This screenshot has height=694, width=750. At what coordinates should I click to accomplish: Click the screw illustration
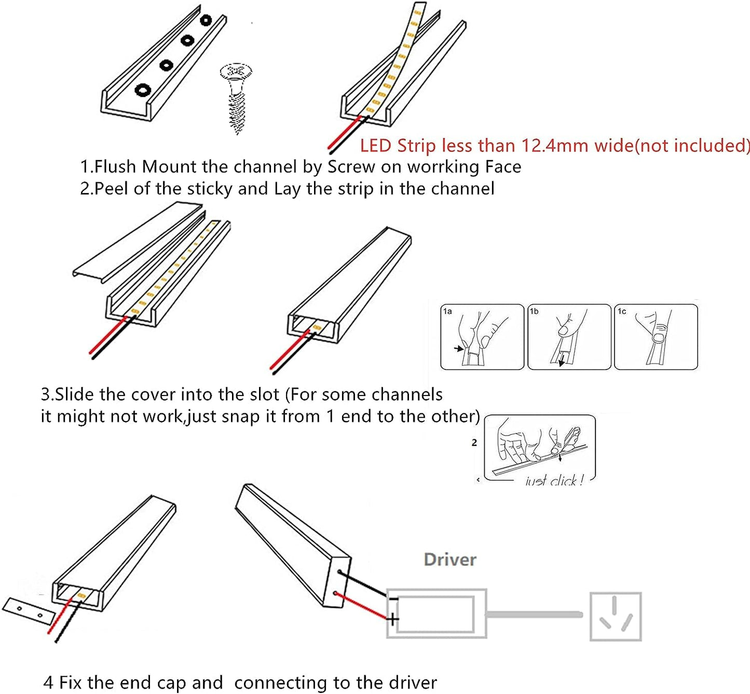[x=237, y=98]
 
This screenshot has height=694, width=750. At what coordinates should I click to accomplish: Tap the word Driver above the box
[x=449, y=560]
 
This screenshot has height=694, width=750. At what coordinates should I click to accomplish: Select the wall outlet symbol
[x=616, y=616]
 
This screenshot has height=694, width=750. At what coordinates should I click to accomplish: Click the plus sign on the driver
[x=393, y=619]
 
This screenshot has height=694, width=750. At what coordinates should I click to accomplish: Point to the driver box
[x=437, y=614]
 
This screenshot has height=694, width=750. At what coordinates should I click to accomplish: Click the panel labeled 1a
[x=482, y=337]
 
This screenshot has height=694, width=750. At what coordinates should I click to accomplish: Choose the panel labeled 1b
[x=569, y=337]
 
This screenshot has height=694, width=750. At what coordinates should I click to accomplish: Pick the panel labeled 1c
[x=656, y=337]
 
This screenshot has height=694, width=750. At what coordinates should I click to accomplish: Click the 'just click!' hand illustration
[x=540, y=449]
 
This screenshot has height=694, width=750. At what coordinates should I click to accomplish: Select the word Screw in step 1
[x=351, y=167]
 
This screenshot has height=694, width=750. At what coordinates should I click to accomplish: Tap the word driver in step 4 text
[x=411, y=683]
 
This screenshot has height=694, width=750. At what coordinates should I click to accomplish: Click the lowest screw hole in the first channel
[x=143, y=90]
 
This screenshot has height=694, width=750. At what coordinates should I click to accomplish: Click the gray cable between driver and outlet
[x=535, y=615]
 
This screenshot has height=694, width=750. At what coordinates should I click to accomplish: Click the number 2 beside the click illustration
[x=474, y=443]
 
